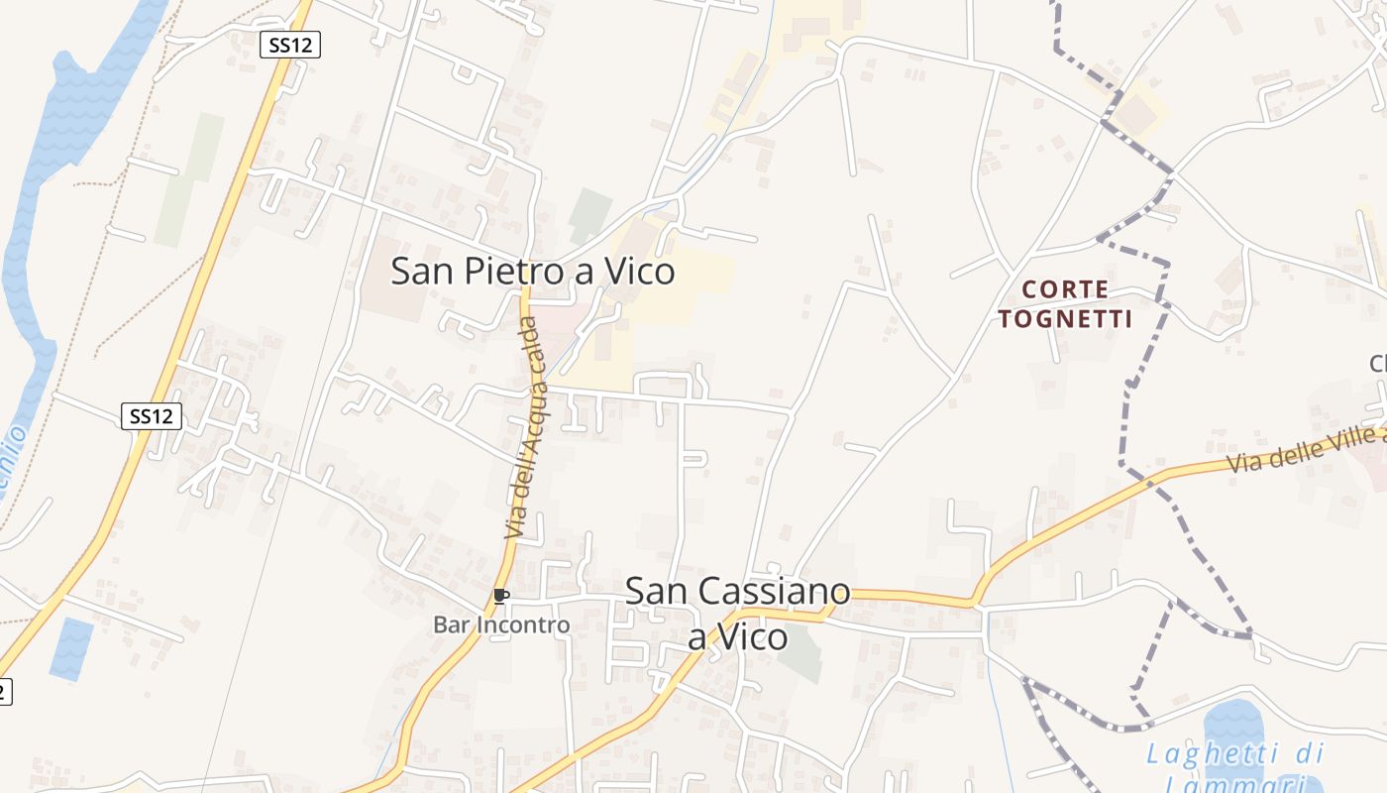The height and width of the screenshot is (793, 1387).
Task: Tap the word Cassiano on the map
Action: tap(775, 592)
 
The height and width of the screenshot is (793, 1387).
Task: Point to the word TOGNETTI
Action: tap(1065, 319)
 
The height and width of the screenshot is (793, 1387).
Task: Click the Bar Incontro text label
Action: tap(501, 624)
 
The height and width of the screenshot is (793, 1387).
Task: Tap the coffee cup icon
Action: tap(500, 596)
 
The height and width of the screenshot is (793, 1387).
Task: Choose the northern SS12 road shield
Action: tap(291, 45)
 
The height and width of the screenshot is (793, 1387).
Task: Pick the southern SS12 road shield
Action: tap(152, 416)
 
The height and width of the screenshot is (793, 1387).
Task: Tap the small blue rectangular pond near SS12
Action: tap(71, 649)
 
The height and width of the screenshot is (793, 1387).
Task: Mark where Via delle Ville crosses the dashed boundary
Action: tap(1150, 481)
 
